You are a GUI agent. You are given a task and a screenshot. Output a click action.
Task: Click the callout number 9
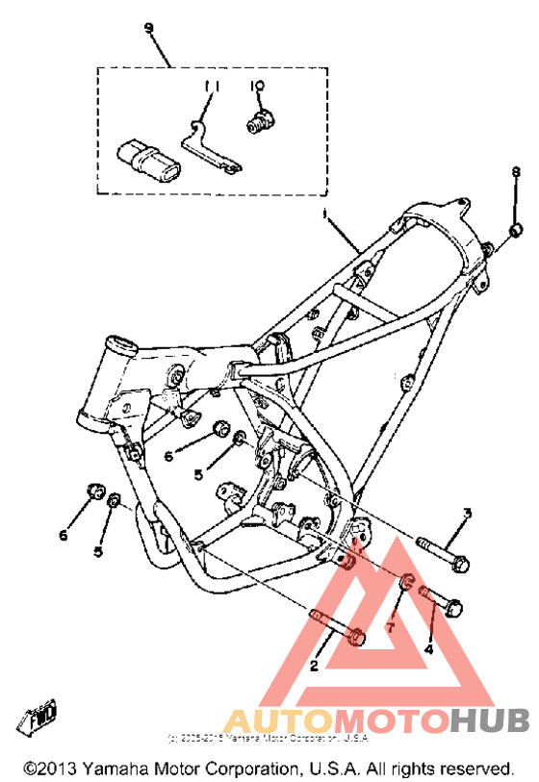pyautogui.click(x=148, y=28)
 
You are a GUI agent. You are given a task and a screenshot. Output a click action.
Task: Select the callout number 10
pyautogui.click(x=257, y=87)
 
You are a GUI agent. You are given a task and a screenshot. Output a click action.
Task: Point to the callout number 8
pyautogui.click(x=515, y=171)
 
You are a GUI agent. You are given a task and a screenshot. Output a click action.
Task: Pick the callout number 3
pyautogui.click(x=467, y=513)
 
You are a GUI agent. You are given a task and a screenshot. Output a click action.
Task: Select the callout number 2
pyautogui.click(x=313, y=665)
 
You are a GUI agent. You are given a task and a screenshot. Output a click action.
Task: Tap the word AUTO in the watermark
pyautogui.click(x=271, y=719)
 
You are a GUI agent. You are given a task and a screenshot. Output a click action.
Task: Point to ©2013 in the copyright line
pyautogui.click(x=48, y=769)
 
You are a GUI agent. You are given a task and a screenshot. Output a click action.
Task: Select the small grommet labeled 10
pyautogui.click(x=258, y=122)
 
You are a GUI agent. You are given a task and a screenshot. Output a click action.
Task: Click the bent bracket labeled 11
pyautogui.click(x=207, y=147)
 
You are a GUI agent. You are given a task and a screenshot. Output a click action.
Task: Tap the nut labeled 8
pyautogui.click(x=515, y=230)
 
